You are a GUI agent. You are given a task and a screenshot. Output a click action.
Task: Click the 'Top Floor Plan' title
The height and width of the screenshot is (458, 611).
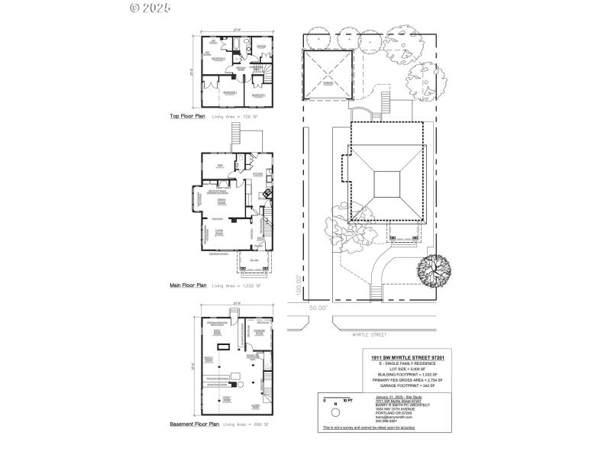pyautogui.click(x=187, y=117)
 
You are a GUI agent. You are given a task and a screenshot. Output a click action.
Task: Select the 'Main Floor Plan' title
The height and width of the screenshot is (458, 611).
pyautogui.click(x=189, y=285)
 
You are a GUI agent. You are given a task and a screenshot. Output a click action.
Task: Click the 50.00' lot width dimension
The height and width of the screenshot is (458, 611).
pyautogui.click(x=318, y=307)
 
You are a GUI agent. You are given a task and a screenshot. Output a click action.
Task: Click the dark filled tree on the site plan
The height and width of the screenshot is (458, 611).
pyautogui.click(x=433, y=269)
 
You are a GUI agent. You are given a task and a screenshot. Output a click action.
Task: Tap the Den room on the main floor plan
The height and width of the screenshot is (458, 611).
pyautogui.click(x=218, y=166)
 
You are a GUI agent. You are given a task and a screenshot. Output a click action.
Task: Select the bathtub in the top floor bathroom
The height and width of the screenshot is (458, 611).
pyautogui.click(x=238, y=44)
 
